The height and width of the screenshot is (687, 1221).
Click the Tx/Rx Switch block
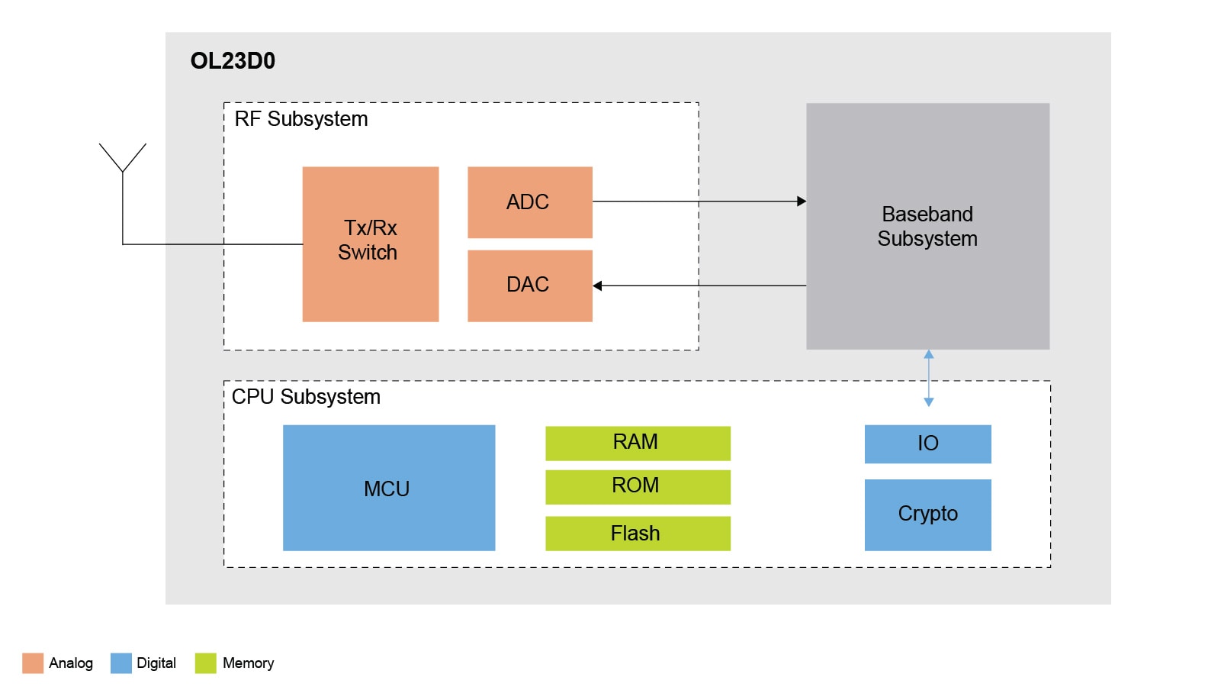pyautogui.click(x=370, y=244)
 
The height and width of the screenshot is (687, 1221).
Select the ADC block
pyautogui.click(x=529, y=202)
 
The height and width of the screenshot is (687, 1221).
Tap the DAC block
pyautogui.click(x=529, y=285)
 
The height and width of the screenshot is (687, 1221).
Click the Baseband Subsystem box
pyautogui.click(x=927, y=226)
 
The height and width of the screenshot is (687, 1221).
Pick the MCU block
pyautogui.click(x=388, y=488)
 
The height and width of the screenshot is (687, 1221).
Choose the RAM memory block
pyautogui.click(x=638, y=443)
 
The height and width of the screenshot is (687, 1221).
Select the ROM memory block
pyautogui.click(x=638, y=486)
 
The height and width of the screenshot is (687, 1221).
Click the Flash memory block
pyautogui.click(x=638, y=533)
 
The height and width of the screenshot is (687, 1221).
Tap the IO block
pyautogui.click(x=927, y=443)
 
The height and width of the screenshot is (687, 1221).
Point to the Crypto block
pyautogui.click(x=927, y=514)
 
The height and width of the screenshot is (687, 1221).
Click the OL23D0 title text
pyautogui.click(x=233, y=61)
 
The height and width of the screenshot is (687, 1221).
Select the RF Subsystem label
pyautogui.click(x=301, y=119)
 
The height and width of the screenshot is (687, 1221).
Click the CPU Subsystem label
pyautogui.click(x=306, y=397)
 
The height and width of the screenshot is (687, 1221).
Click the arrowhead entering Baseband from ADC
pyautogui.click(x=802, y=202)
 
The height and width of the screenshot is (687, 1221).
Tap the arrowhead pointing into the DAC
pyautogui.click(x=598, y=285)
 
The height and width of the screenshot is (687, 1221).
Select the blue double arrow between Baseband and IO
pyautogui.click(x=928, y=379)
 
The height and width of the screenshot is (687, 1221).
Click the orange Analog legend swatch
pyautogui.click(x=33, y=663)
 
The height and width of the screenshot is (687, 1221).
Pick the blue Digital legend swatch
pyautogui.click(x=121, y=663)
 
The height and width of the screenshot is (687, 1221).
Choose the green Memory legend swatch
pyautogui.click(x=206, y=663)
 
